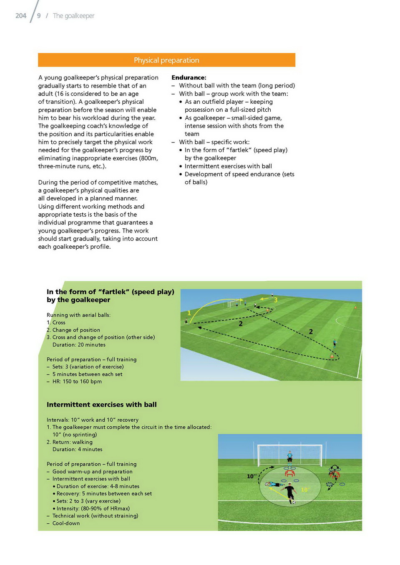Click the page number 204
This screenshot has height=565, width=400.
pyautogui.click(x=20, y=16)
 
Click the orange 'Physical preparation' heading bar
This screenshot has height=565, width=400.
pyautogui.click(x=166, y=60)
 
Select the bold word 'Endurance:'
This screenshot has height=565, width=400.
pyautogui.click(x=189, y=77)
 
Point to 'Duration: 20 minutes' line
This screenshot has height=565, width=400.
pyautogui.click(x=79, y=345)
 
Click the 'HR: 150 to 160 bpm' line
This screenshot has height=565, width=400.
pyautogui.click(x=77, y=382)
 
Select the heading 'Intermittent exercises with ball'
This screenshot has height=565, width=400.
pyautogui.click(x=101, y=405)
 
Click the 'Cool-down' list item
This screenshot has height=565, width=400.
pyautogui.click(x=66, y=523)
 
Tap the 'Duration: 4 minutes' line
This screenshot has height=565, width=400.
pyautogui.click(x=77, y=450)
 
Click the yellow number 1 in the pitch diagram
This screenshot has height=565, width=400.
pyautogui.click(x=189, y=313)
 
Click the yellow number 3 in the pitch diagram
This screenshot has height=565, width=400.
pyautogui.click(x=276, y=300)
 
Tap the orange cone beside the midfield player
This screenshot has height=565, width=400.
pyautogui.click(x=332, y=355)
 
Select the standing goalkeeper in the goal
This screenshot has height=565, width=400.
pyautogui.click(x=289, y=457)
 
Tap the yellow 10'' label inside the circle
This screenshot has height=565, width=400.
pyautogui.click(x=305, y=490)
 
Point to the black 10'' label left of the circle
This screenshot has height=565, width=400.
pyautogui.click(x=252, y=476)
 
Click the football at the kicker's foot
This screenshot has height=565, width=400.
pyautogui.click(x=294, y=502)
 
